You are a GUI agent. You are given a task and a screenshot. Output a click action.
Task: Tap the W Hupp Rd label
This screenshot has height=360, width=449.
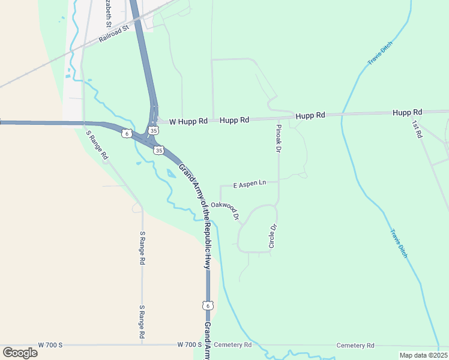[188, 121]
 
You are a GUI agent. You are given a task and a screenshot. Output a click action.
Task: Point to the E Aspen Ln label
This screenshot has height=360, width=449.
[249, 184]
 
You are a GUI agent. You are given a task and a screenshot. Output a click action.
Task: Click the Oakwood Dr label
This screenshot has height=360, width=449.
[225, 209]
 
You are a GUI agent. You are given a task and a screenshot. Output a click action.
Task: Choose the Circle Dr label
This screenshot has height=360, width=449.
[272, 236]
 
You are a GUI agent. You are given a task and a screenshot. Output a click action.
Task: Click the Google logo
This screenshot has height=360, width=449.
[20, 352]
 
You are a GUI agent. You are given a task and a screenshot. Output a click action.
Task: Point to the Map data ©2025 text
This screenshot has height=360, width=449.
[423, 355]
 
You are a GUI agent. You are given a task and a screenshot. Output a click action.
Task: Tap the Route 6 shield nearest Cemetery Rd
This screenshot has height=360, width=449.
[208, 306]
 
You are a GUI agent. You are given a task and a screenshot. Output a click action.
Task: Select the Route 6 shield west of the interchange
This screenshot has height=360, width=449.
[126, 133]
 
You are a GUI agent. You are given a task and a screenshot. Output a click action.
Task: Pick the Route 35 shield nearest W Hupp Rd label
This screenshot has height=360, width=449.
[154, 130]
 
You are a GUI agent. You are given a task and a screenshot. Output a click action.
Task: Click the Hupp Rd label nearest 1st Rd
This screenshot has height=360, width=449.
[408, 112]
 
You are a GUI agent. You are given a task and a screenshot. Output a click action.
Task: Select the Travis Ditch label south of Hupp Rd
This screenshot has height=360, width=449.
[398, 244]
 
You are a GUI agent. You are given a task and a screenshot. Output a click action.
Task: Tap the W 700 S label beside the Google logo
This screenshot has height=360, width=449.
[50, 345]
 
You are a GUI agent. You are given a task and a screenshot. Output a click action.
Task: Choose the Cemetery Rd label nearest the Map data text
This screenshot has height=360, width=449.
[355, 346]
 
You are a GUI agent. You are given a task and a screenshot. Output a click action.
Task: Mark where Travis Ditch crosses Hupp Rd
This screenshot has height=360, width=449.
[342, 114]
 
